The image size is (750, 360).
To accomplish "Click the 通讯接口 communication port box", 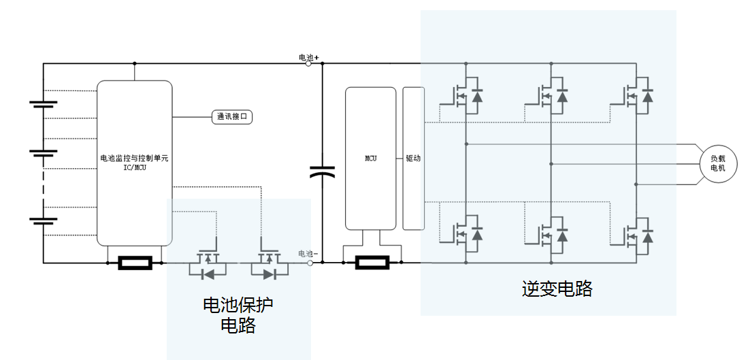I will [x=232, y=117].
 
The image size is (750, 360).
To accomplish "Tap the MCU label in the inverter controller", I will [x=370, y=159].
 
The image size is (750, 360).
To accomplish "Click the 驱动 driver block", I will [x=413, y=159].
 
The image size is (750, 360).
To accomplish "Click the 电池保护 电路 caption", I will [x=238, y=314].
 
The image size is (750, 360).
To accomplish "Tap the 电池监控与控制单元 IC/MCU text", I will [x=134, y=163].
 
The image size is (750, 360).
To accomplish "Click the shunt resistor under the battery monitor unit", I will [x=135, y=263].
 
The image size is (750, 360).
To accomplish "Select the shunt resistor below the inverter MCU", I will [x=372, y=263].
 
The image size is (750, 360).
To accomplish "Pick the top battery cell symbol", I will [x=44, y=104].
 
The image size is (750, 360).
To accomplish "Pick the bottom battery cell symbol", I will [x=44, y=220].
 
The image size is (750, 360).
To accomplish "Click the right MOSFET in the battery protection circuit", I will [x=270, y=266].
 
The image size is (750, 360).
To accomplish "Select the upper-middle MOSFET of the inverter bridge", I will [x=552, y=96].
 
